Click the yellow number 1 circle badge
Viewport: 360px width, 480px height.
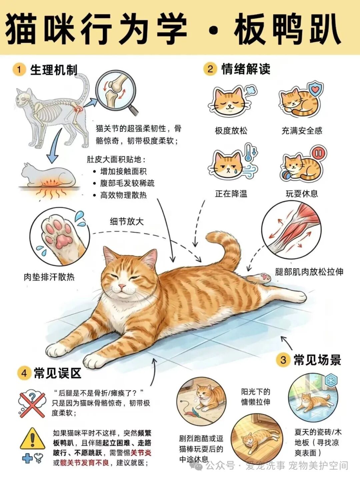pos(19,70)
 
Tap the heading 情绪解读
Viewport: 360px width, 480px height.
pos(246,69)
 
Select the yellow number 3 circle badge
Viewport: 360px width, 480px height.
pos(283,360)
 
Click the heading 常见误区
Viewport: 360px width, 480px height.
pos(58,373)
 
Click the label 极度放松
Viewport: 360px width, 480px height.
pos(231,131)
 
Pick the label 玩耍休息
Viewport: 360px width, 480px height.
pos(302,194)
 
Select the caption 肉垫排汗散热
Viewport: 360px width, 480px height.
pos(49,277)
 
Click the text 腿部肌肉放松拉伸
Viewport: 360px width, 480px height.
pos(309,272)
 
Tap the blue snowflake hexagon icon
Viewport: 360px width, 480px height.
pos(331,380)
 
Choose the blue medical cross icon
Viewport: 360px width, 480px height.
pos(27,457)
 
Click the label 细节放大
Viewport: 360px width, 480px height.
pos(127,222)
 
